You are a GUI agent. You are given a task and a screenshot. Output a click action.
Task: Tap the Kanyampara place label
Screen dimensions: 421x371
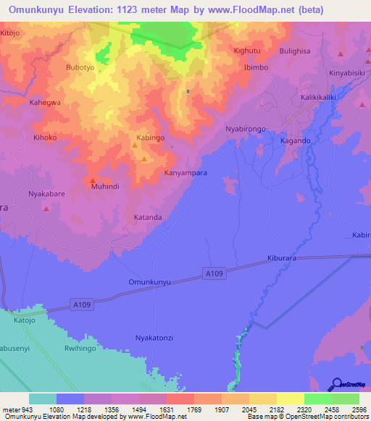(x=186, y=173)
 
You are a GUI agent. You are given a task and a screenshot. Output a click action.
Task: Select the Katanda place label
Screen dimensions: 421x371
(x=148, y=216)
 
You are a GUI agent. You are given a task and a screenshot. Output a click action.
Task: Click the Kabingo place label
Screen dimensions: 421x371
(x=151, y=137)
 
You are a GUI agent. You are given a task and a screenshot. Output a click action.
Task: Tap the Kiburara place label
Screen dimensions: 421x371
(x=281, y=258)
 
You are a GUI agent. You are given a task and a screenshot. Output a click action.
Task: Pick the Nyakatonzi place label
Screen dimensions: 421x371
(x=157, y=337)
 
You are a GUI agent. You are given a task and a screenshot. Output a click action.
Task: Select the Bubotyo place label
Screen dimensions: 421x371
(x=80, y=67)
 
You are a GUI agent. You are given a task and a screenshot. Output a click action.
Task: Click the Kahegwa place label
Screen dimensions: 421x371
(x=45, y=102)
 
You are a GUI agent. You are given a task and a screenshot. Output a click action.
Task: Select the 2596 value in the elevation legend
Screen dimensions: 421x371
(x=359, y=409)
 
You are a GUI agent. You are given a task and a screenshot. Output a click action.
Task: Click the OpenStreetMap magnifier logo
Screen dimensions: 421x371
(x=335, y=383)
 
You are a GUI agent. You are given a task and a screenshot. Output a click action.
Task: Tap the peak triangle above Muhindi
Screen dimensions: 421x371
(x=93, y=179)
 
